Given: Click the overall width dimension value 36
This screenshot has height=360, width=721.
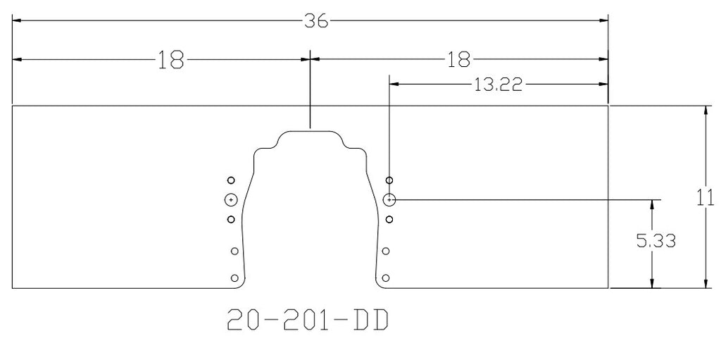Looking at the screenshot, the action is coord(316,21).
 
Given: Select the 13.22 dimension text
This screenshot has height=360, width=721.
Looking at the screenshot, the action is coord(499,85).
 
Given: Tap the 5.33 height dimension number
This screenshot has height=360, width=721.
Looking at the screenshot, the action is coord(656,241).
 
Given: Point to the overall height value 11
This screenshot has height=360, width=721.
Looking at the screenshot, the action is coord(706,198).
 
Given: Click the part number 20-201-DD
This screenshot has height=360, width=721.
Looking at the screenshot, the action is coord(308,321).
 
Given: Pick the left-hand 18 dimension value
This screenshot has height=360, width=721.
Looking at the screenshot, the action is coord(170,60).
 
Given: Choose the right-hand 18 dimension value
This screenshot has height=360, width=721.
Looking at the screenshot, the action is coord(459,60).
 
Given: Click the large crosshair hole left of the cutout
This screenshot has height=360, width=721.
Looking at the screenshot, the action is coord(231,200).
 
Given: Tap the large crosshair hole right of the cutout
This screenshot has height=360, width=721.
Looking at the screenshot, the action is coord(389,200).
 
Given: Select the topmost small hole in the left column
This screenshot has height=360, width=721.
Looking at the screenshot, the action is coord(231,180).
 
